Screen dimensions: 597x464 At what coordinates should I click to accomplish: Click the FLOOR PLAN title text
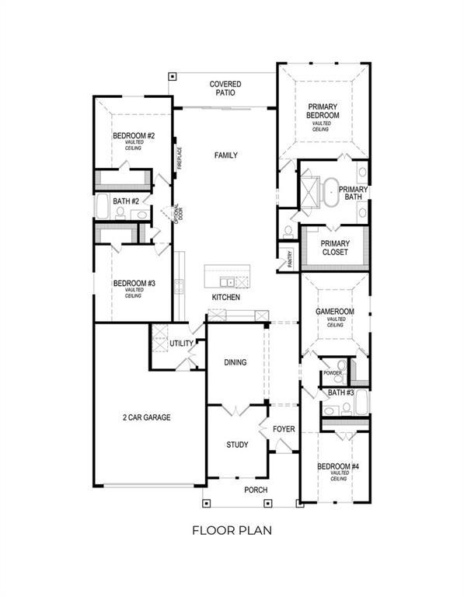[232, 531]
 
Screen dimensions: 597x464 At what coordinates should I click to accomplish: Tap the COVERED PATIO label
[225, 88]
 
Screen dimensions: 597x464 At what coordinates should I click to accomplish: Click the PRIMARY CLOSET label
[335, 247]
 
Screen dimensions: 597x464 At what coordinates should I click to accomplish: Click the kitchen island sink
[227, 281]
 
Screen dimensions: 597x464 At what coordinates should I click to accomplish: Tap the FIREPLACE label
[179, 159]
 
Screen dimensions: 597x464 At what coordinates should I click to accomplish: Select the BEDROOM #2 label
[134, 136]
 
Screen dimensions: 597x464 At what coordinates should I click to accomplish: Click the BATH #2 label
[125, 201]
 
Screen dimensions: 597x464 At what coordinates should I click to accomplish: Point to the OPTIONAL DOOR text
[178, 213]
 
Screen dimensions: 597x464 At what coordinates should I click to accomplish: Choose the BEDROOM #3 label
[134, 284]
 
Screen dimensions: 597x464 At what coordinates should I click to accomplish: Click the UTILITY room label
[181, 343]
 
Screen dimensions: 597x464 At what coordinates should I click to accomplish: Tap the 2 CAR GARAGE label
[146, 417]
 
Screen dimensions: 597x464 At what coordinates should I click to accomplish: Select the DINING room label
[235, 362]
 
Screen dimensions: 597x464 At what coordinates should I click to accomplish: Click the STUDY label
[237, 445]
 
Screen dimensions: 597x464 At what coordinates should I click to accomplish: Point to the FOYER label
[283, 428]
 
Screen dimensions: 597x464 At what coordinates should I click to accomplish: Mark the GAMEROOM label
[335, 311]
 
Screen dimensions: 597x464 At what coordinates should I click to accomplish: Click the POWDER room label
[333, 373]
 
